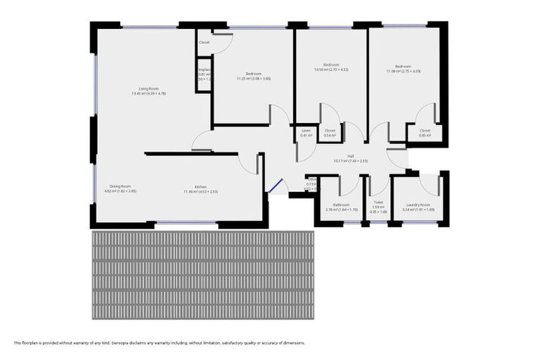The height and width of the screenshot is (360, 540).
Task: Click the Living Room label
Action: tap(148, 89)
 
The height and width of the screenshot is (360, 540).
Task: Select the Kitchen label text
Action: tap(200, 186)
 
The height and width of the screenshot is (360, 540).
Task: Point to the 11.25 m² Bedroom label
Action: tap(253, 74)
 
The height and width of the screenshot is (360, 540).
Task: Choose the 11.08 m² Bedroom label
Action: tap(403, 67)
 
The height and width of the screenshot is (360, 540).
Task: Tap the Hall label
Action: tap(350, 156)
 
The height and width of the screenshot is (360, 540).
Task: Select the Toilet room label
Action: tap(378, 202)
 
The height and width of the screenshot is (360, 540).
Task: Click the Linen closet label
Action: tap(306, 131)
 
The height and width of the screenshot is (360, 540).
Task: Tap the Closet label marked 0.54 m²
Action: tap(330, 131)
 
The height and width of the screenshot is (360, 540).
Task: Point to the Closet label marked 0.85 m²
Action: tap(425, 131)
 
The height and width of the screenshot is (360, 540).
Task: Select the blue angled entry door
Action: tap(275, 187)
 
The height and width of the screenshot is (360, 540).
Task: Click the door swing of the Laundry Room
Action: tap(429, 184)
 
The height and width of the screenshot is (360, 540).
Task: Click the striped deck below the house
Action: tap(202, 274)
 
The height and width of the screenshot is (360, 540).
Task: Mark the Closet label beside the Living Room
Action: tap(204, 42)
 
